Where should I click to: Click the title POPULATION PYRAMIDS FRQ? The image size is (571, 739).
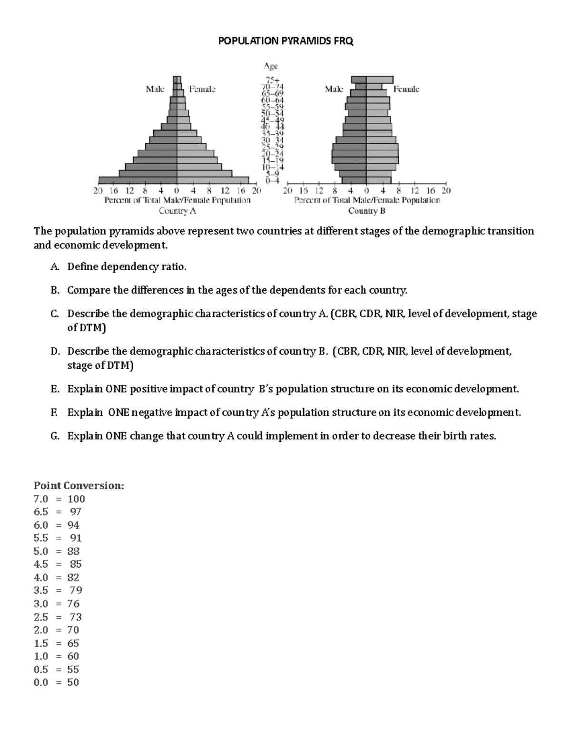point(285,41)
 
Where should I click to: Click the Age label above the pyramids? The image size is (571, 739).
point(271,66)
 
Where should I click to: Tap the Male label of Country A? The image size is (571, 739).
point(155,89)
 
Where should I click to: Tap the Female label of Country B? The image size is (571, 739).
point(406,89)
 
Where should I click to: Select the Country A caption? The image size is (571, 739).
point(177,211)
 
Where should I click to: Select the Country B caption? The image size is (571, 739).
point(366,211)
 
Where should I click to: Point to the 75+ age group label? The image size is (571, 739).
point(272,80)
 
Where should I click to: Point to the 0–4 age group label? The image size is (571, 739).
point(272,180)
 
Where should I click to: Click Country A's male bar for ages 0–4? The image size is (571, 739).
point(138,180)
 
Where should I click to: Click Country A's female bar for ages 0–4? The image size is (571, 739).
point(213,180)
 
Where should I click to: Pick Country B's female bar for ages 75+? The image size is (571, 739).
point(379,79)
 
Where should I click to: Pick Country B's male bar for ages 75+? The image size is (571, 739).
point(359,79)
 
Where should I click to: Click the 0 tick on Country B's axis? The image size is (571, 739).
point(366,191)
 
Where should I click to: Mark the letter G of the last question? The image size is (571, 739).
point(55,436)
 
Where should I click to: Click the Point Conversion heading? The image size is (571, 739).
point(79,485)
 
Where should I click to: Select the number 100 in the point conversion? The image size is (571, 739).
point(76,499)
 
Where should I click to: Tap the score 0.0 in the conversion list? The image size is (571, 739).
point(41,682)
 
